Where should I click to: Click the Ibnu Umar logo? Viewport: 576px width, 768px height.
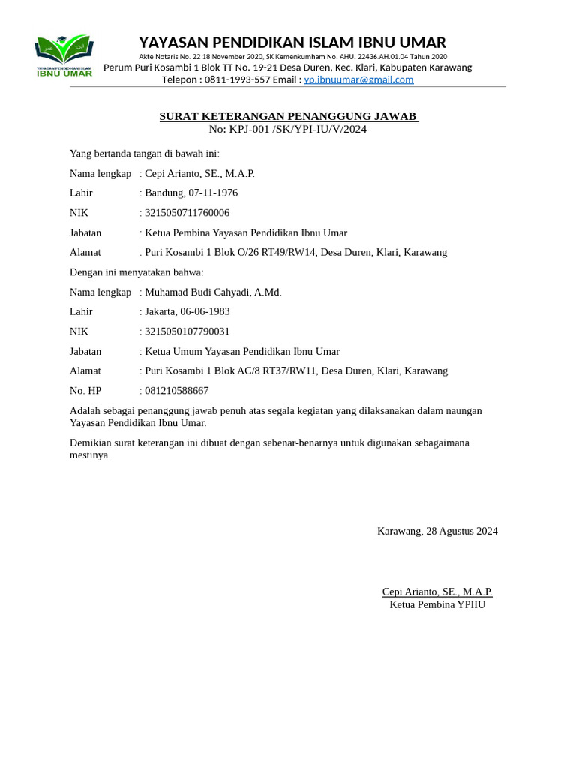click(64, 55)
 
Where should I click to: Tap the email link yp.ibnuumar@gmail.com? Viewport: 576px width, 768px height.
click(358, 79)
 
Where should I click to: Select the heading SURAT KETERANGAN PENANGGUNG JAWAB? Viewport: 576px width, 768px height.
click(288, 116)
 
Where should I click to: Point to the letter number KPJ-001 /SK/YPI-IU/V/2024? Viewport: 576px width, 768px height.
click(298, 129)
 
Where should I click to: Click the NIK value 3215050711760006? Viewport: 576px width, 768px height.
click(187, 213)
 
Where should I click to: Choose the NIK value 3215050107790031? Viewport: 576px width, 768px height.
click(187, 331)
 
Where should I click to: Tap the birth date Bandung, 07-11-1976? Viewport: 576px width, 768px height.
click(190, 193)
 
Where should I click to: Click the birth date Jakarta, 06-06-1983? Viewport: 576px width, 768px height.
click(187, 311)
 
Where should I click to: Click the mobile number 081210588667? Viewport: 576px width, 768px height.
click(176, 391)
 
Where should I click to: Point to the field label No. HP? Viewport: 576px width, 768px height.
click(85, 391)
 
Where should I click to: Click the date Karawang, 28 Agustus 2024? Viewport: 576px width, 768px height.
click(437, 532)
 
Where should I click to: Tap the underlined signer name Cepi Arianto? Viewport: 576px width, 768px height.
click(437, 592)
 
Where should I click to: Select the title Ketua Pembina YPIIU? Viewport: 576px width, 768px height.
click(437, 605)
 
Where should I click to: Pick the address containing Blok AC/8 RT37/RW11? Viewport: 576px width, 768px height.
click(295, 370)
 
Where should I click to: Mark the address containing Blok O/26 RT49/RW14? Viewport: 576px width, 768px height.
click(295, 253)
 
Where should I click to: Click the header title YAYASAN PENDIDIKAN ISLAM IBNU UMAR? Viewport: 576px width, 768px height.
click(292, 42)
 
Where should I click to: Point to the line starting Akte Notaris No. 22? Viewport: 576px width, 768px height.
click(292, 57)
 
